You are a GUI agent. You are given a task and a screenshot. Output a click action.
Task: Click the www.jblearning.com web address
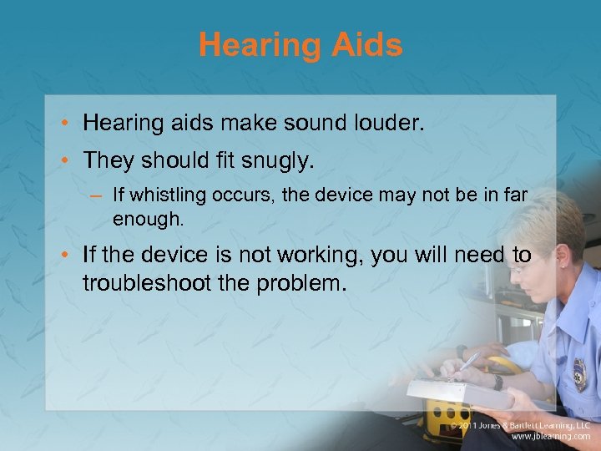coord(550,436)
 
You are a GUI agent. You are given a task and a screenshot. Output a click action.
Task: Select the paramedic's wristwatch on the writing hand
coord(497,382)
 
